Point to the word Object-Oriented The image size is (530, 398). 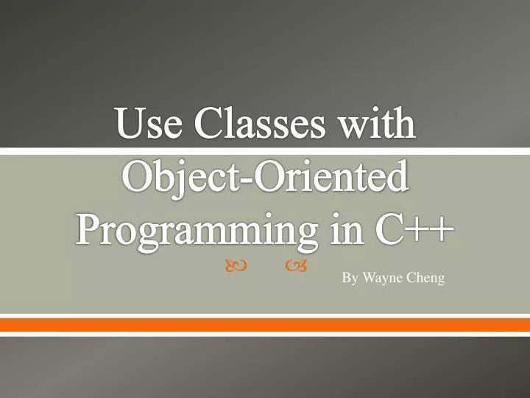(x=265, y=178)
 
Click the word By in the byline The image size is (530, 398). (x=349, y=279)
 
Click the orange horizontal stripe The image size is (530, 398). (x=265, y=324)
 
